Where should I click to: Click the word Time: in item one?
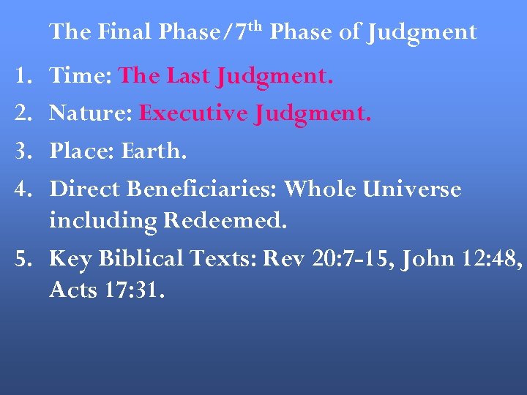pos(81,75)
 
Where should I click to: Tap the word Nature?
pos(91,113)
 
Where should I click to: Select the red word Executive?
pos(193,113)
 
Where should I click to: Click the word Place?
pos(82,151)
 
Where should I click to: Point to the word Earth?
pos(154,151)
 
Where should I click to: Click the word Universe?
pos(412,189)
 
